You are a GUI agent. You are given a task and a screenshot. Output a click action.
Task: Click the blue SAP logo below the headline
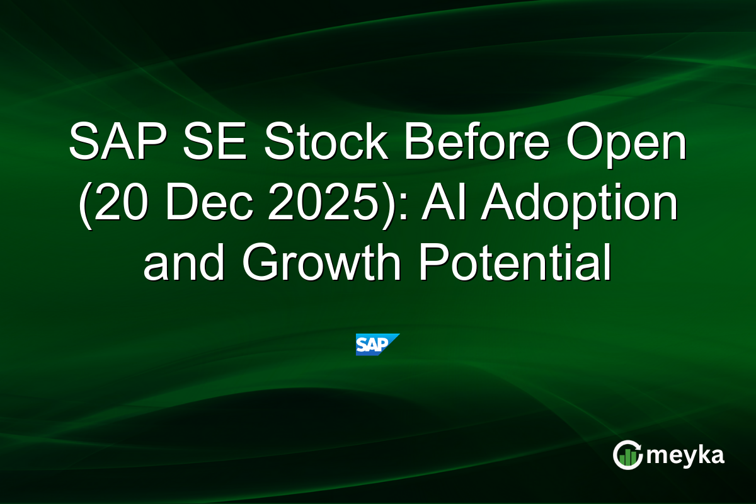pos(377,345)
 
